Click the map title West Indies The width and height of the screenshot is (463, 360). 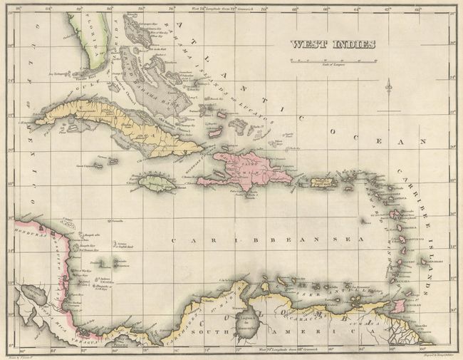coord(331,44)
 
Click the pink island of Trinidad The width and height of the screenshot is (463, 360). coord(400,305)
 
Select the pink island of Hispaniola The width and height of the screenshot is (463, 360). coord(249,171)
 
